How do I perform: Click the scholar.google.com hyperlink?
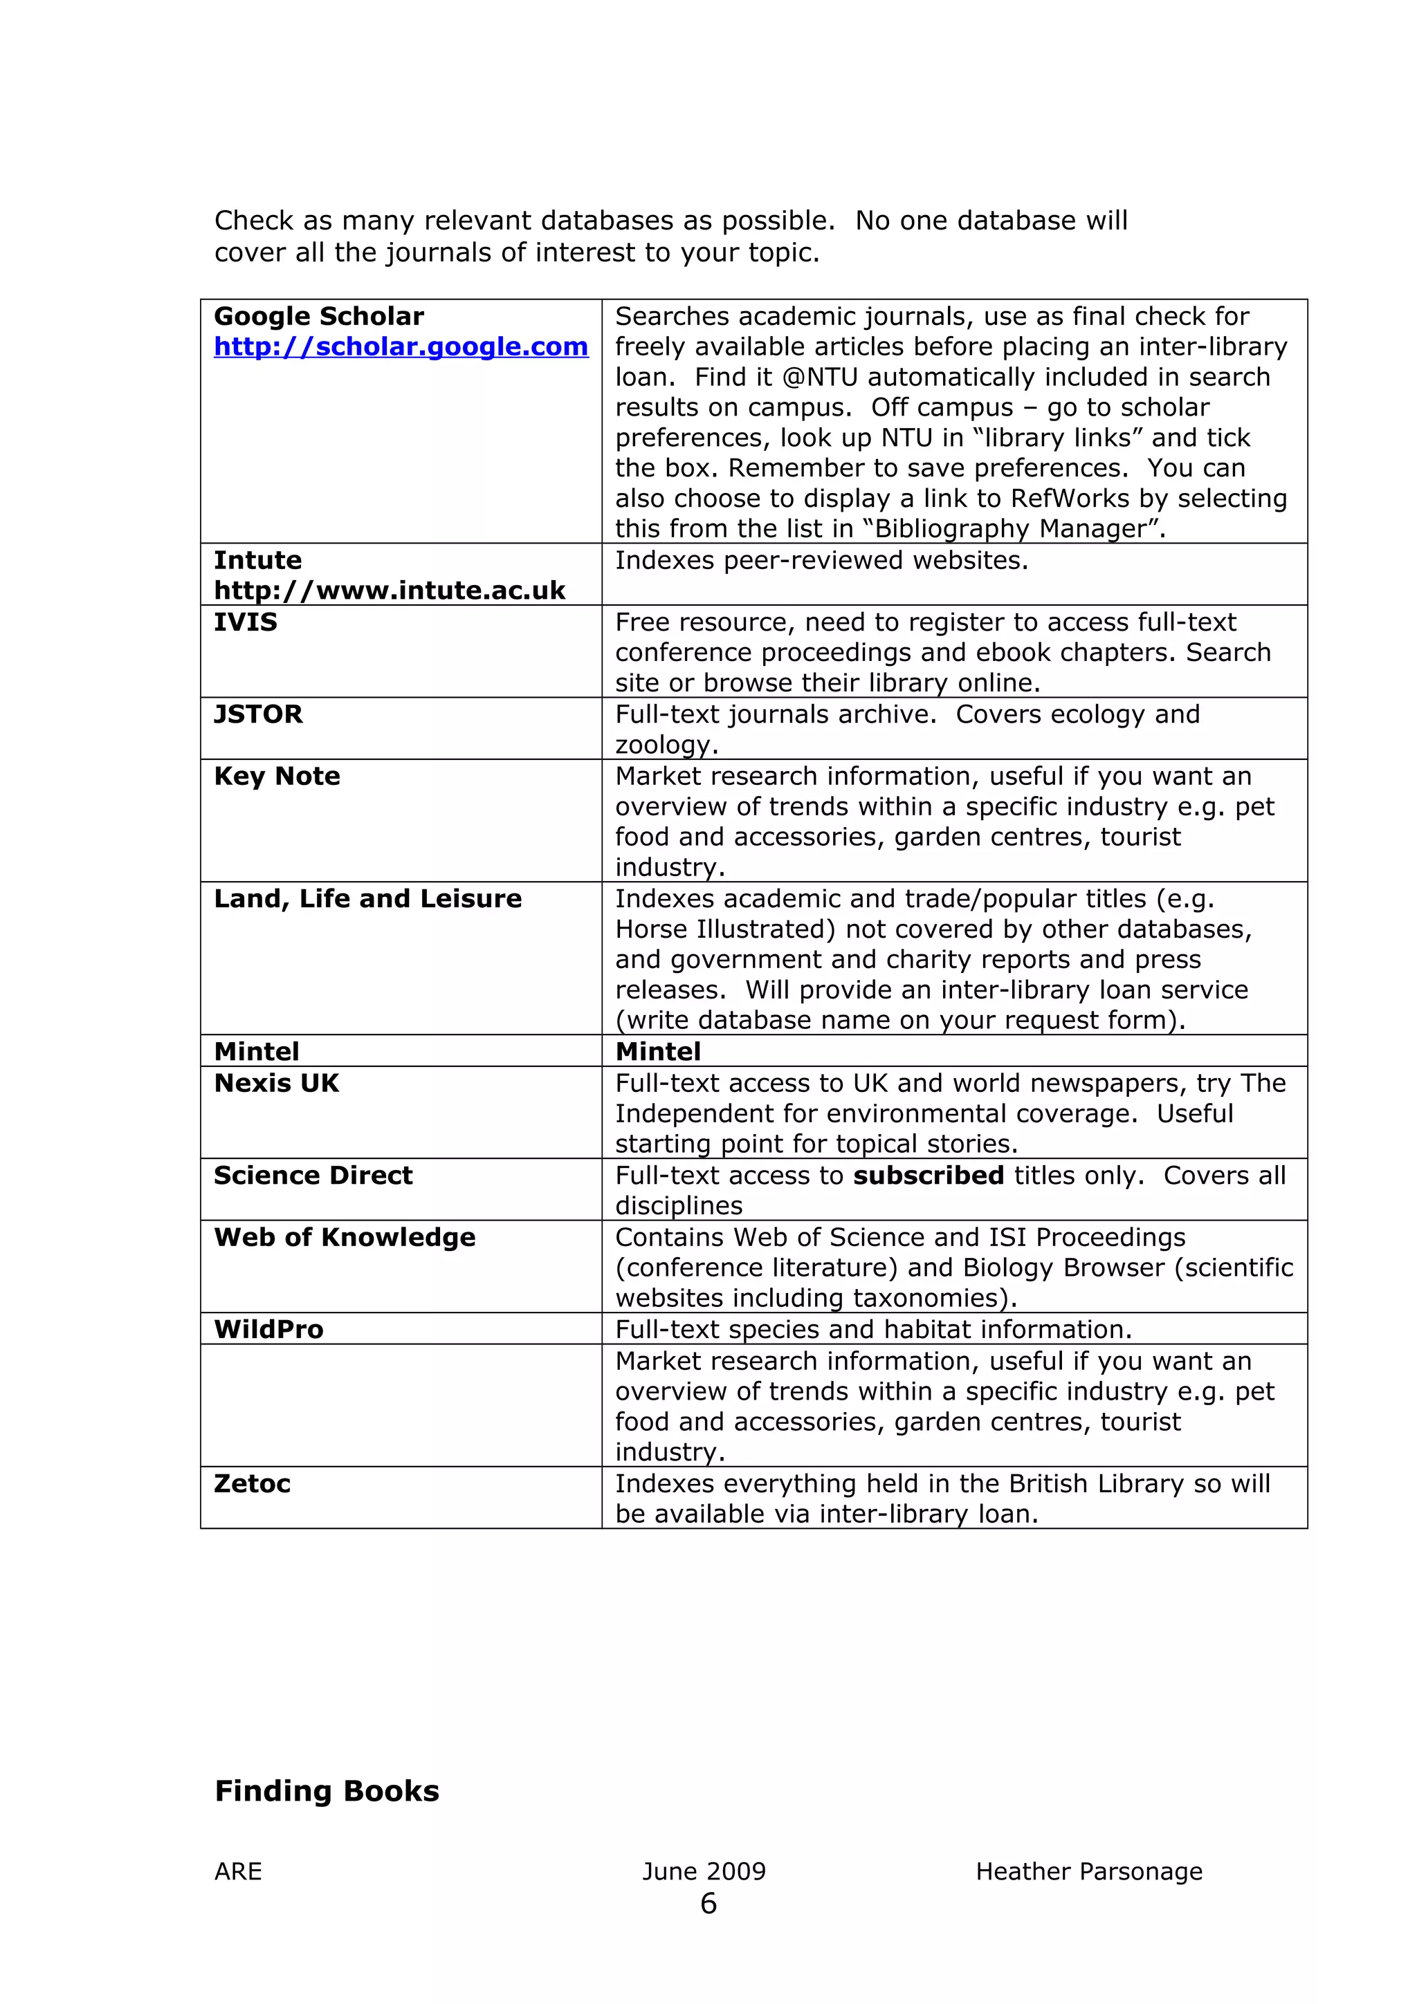[401, 346]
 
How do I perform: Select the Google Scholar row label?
[319, 316]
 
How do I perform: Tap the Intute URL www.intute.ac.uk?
[390, 591]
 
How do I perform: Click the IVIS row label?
[246, 622]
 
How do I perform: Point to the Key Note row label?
[277, 776]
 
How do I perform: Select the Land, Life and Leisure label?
[367, 898]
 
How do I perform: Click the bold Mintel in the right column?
[657, 1052]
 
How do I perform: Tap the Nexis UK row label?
[276, 1083]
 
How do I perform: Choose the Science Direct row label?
[313, 1176]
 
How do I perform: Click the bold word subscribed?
[928, 1176]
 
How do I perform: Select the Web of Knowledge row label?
[344, 1238]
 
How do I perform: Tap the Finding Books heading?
[327, 1791]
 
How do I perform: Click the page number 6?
[708, 1904]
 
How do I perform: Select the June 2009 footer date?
[704, 1871]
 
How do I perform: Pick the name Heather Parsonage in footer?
[1089, 1871]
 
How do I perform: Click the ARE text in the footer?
[237, 1871]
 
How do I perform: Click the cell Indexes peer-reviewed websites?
[821, 560]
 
